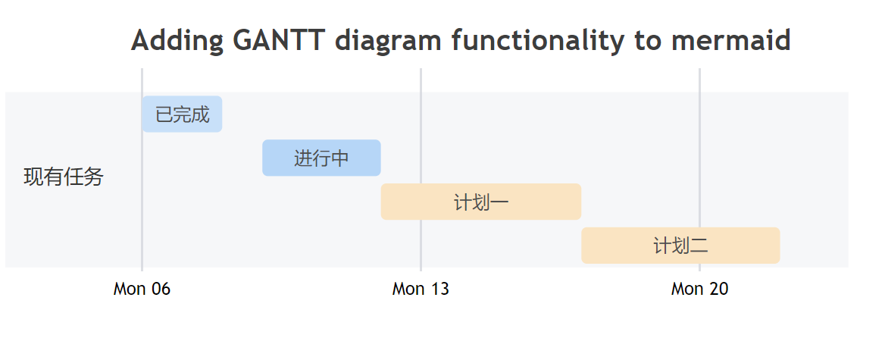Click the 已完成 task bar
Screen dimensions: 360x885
pyautogui.click(x=182, y=114)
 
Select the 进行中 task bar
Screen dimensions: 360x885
pyautogui.click(x=321, y=158)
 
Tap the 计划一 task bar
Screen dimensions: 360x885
pyautogui.click(x=480, y=202)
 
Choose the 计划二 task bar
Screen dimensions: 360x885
pyautogui.click(x=680, y=246)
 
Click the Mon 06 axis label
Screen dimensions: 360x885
pyautogui.click(x=142, y=289)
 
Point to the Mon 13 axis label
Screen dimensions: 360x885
pyautogui.click(x=421, y=289)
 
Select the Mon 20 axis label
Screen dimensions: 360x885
pyautogui.click(x=699, y=289)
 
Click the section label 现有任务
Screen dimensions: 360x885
pyautogui.click(x=64, y=177)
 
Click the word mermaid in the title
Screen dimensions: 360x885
pyautogui.click(x=730, y=40)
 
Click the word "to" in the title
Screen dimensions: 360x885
pyautogui.click(x=648, y=40)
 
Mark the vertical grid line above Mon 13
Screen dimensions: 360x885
pyautogui.click(x=421, y=83)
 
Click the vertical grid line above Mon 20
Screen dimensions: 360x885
pyautogui.click(x=699, y=83)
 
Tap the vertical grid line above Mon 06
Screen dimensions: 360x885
pyautogui.click(x=142, y=83)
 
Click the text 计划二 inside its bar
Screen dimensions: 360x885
pyautogui.click(x=680, y=246)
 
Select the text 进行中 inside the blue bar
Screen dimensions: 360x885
pyautogui.click(x=321, y=158)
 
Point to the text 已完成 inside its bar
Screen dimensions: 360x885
pyautogui.click(x=182, y=115)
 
